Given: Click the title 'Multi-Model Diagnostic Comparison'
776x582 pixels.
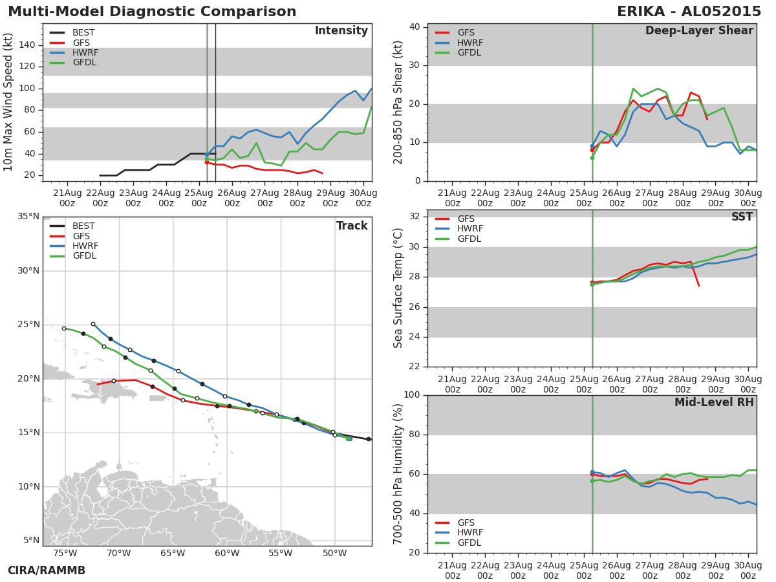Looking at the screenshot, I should (x=152, y=12).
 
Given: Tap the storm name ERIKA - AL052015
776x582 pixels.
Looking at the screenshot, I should (x=689, y=12).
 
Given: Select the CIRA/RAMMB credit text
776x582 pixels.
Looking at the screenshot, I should (x=47, y=570).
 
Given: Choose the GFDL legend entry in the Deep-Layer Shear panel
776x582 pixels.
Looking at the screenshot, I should (x=469, y=53).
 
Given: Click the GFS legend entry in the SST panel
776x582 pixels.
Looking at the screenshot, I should (x=466, y=219).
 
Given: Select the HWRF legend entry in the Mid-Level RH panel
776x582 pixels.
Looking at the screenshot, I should (x=470, y=533).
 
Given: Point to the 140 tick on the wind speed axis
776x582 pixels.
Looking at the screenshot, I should (x=27, y=45).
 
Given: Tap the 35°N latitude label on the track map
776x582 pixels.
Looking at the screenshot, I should (x=27, y=217).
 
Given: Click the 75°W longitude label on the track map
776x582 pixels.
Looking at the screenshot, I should (x=65, y=554).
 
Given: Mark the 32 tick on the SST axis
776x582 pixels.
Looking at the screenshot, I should (x=414, y=217).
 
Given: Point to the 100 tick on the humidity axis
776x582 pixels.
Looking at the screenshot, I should (x=411, y=395).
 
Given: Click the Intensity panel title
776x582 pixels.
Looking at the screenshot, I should (x=341, y=31).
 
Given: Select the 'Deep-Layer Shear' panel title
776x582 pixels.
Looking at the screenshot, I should (x=699, y=31).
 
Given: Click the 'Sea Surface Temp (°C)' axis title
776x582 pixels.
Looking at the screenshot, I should (x=398, y=288).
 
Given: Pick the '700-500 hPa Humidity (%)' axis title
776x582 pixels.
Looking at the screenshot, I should (x=398, y=473).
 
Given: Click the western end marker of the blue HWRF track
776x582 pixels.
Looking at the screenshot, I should (x=93, y=324).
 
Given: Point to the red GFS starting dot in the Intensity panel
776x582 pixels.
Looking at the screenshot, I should (x=206, y=162).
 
